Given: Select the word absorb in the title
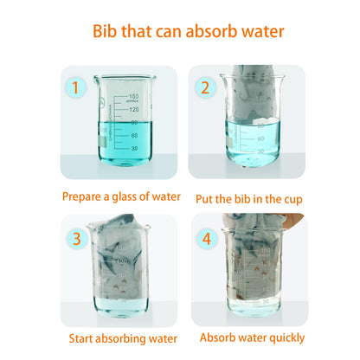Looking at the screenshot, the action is point(212,31).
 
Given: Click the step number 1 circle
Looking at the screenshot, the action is point(75,87).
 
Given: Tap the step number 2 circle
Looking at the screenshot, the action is point(205,87).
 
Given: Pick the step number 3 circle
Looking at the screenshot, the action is point(77,239).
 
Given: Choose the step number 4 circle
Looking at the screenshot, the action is point(207,239).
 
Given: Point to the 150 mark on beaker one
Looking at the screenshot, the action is point(134,96).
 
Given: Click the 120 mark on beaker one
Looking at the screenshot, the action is point(134,110).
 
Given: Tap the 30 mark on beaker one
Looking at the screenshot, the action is point(134,148).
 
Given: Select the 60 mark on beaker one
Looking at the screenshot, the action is point(134,135).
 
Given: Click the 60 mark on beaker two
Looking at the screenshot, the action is point(260,138).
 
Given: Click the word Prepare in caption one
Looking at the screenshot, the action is point(81,197).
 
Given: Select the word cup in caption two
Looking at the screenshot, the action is point(293,200).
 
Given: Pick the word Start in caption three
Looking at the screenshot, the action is point(80,338).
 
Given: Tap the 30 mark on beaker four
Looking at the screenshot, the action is point(266,301).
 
